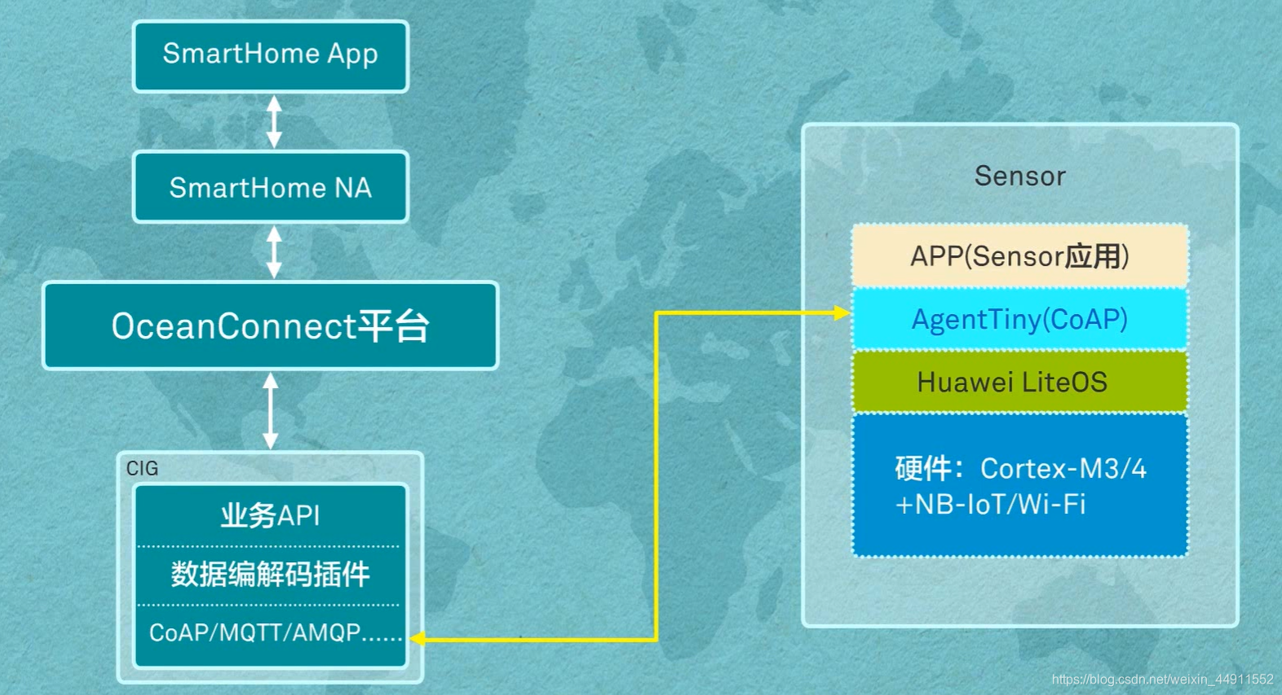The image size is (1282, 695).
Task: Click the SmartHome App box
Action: (270, 55)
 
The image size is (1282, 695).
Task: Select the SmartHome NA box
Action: (270, 188)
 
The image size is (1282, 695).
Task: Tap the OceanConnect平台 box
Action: (270, 326)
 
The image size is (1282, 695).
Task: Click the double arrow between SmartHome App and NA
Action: (274, 122)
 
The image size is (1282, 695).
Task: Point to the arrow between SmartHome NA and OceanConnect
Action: (274, 252)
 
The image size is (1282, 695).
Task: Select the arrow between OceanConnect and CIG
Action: (270, 410)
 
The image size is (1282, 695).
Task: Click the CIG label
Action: (142, 468)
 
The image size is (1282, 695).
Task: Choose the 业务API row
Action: (270, 516)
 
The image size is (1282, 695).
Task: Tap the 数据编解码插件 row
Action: (270, 575)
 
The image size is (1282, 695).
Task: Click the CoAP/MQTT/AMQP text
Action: (274, 632)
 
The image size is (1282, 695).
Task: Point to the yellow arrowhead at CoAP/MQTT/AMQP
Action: (417, 639)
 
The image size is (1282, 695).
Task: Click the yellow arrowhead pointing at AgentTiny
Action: (842, 312)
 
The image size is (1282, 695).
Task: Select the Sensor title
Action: (1019, 176)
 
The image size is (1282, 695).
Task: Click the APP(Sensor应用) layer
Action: (1019, 256)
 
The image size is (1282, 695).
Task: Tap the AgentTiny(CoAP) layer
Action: (1019, 319)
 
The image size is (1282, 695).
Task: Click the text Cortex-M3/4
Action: (1063, 469)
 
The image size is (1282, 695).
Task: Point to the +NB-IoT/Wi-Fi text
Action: (990, 505)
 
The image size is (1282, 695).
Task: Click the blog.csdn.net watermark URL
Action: (1162, 680)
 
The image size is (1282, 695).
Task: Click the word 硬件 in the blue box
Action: (923, 469)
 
